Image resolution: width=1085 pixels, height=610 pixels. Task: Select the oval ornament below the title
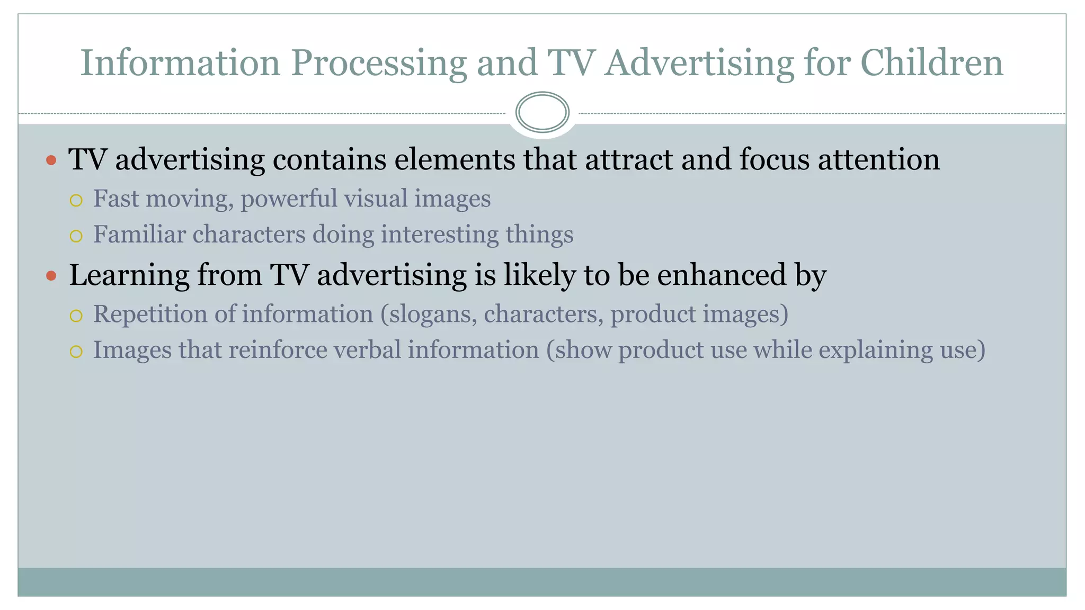point(542,112)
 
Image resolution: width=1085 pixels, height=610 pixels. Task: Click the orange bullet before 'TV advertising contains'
point(51,160)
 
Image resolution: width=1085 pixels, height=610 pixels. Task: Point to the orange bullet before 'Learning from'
point(51,275)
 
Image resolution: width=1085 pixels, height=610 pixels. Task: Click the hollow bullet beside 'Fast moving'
point(76,200)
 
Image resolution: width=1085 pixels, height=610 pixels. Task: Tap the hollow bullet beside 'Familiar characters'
point(76,236)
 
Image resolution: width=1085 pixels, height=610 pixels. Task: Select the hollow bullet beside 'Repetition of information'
point(76,316)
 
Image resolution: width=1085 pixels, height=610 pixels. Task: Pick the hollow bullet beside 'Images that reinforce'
point(76,352)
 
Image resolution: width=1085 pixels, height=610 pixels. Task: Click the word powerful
point(289,200)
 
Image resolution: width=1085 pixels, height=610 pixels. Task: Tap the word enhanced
point(722,275)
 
